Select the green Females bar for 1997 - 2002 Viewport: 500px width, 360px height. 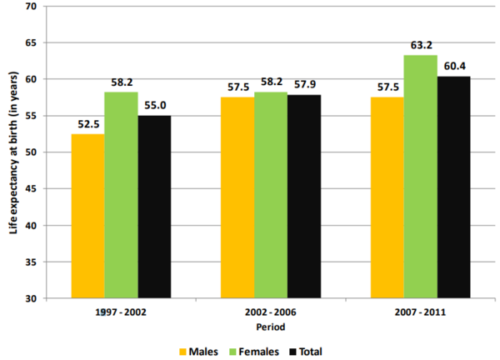[122, 195]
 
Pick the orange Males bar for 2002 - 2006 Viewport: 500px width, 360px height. [237, 197]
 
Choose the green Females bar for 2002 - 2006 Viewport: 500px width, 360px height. [271, 195]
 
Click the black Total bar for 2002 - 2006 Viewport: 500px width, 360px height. [304, 197]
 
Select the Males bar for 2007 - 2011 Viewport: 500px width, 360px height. [387, 197]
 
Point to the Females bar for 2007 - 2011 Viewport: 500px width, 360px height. [421, 177]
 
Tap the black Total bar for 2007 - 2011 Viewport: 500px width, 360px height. [454, 187]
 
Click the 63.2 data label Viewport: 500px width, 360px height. [421, 45]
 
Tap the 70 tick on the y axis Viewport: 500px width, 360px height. [31, 7]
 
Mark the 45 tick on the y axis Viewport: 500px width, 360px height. [31, 189]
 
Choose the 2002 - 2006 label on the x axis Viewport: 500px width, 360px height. [272, 311]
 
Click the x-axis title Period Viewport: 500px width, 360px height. [272, 326]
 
